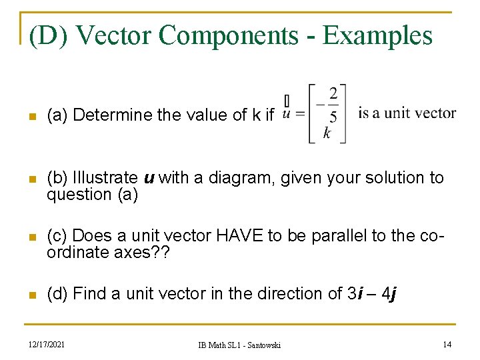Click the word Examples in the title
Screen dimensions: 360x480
pos(377,35)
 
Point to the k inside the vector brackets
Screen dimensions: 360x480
pos(327,134)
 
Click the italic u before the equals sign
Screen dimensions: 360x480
pos(286,114)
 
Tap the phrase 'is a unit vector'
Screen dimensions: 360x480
pos(407,113)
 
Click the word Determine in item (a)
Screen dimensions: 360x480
pos(113,115)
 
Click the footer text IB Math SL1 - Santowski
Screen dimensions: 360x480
pos(239,345)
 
